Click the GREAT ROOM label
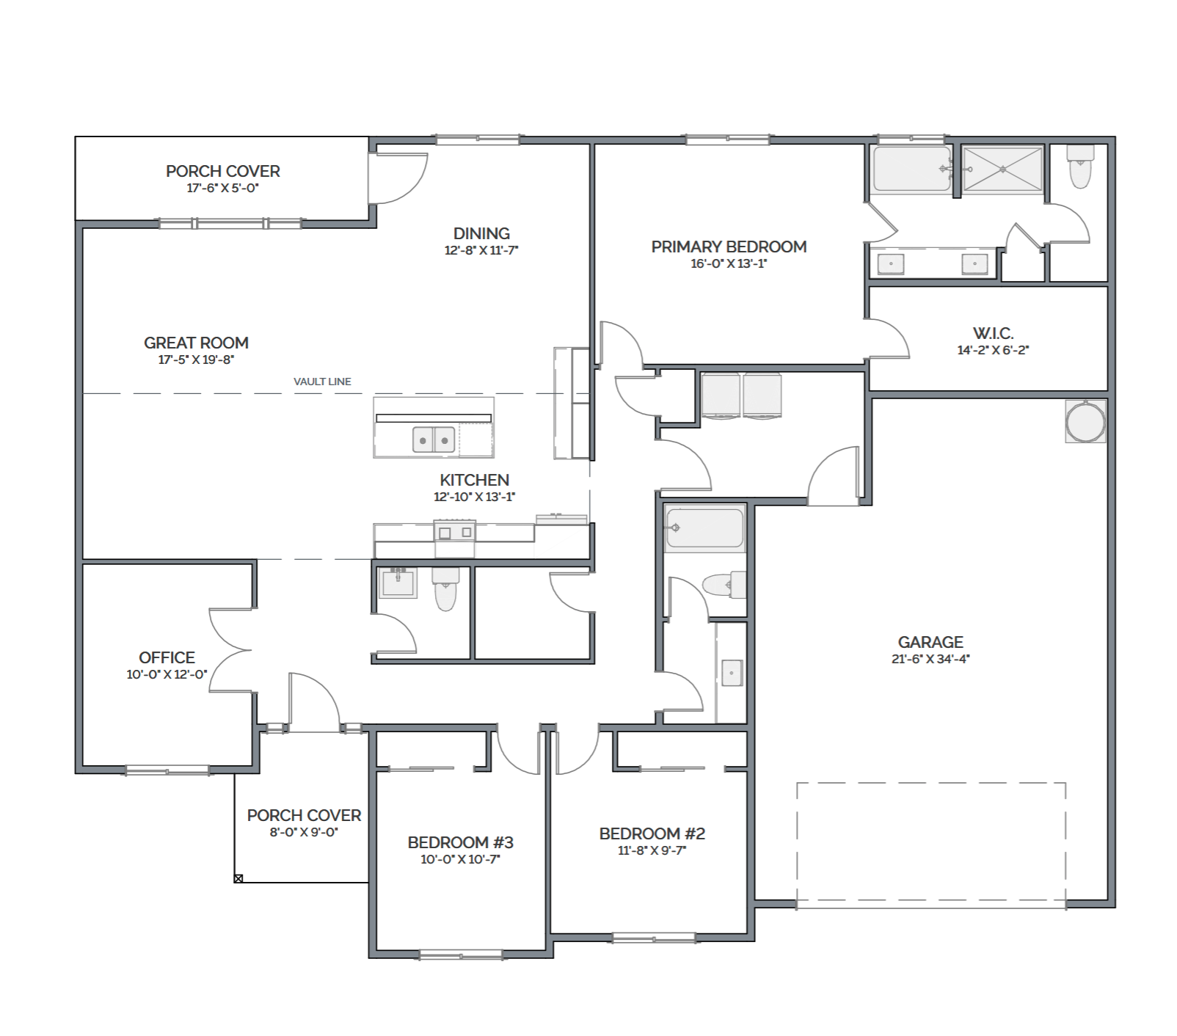(x=196, y=343)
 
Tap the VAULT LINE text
(x=322, y=382)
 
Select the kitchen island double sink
(x=434, y=439)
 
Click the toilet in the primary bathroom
(x=1080, y=166)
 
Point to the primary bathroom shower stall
(x=1002, y=170)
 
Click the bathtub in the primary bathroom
(x=912, y=169)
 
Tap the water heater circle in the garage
(x=1085, y=422)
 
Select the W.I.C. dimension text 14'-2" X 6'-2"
(x=993, y=350)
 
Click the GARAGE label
(x=930, y=642)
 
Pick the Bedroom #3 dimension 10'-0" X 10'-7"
(x=460, y=859)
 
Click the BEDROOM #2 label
(x=652, y=833)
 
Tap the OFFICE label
(x=167, y=657)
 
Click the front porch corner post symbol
(x=238, y=878)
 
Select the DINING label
(x=481, y=233)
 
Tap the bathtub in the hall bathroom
(x=704, y=528)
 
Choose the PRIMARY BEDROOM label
(x=729, y=247)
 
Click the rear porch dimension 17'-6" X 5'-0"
(x=223, y=188)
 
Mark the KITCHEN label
(x=474, y=480)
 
